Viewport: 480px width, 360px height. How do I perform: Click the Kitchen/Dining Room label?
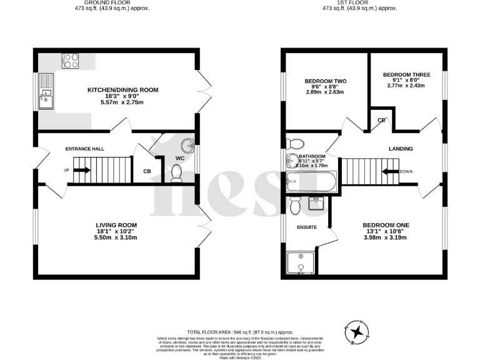(122, 90)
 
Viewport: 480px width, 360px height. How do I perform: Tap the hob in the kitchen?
(69, 61)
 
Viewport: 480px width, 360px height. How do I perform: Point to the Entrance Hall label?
(85, 149)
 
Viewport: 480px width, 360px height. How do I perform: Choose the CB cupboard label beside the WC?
(147, 171)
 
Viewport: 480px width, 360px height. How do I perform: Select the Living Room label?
(116, 225)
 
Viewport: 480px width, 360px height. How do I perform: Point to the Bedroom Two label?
(326, 81)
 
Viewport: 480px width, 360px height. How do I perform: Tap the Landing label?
(400, 149)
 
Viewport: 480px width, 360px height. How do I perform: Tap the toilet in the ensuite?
(296, 204)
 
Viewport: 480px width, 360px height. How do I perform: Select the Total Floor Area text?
(240, 332)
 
